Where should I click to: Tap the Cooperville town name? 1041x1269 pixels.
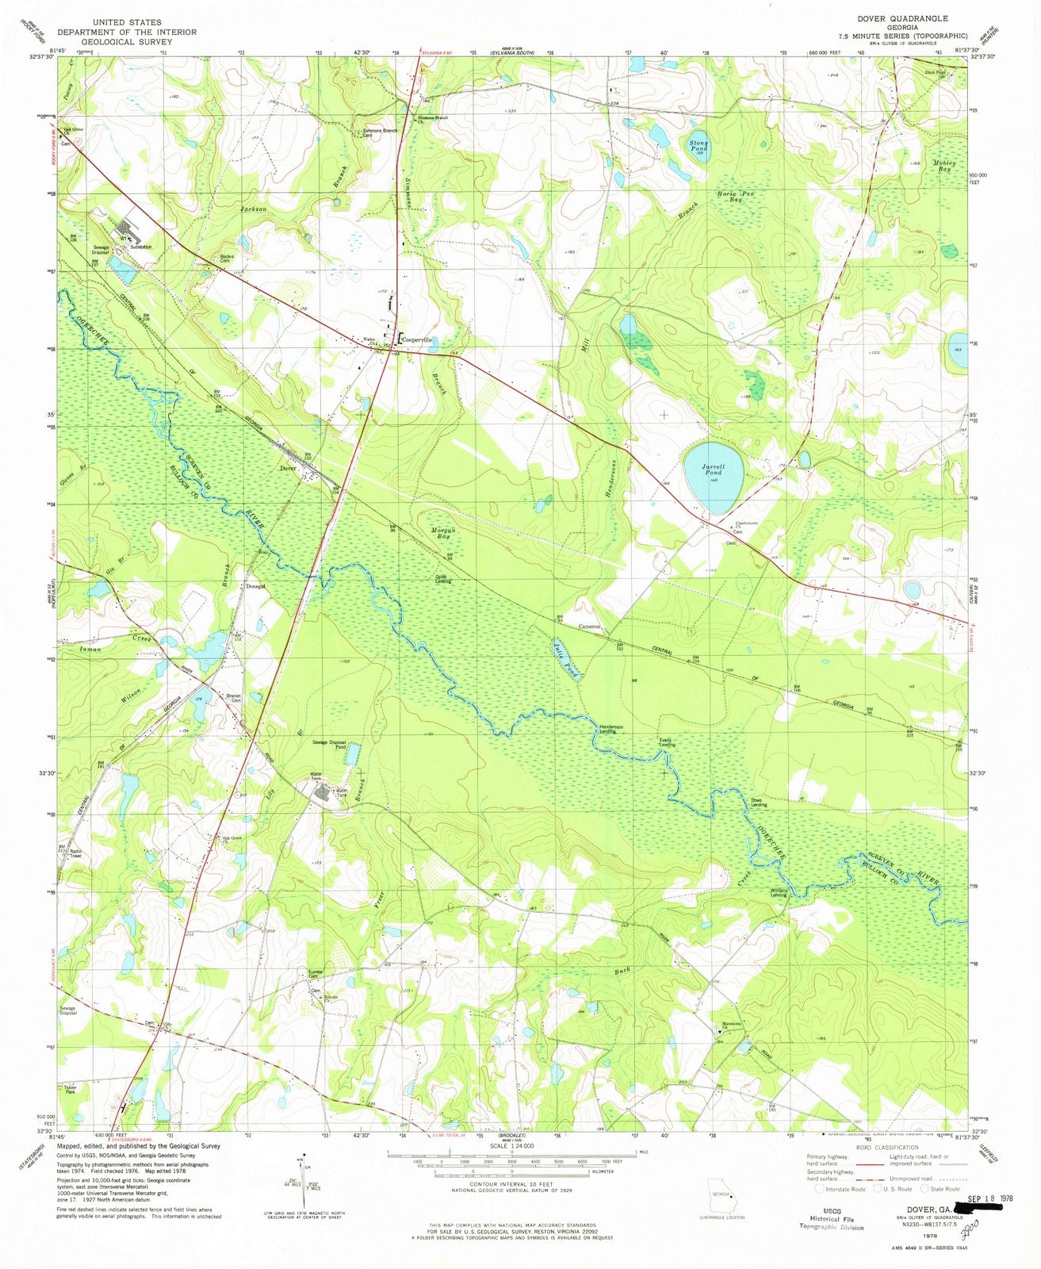[418, 339]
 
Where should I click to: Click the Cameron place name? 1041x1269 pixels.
[591, 627]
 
